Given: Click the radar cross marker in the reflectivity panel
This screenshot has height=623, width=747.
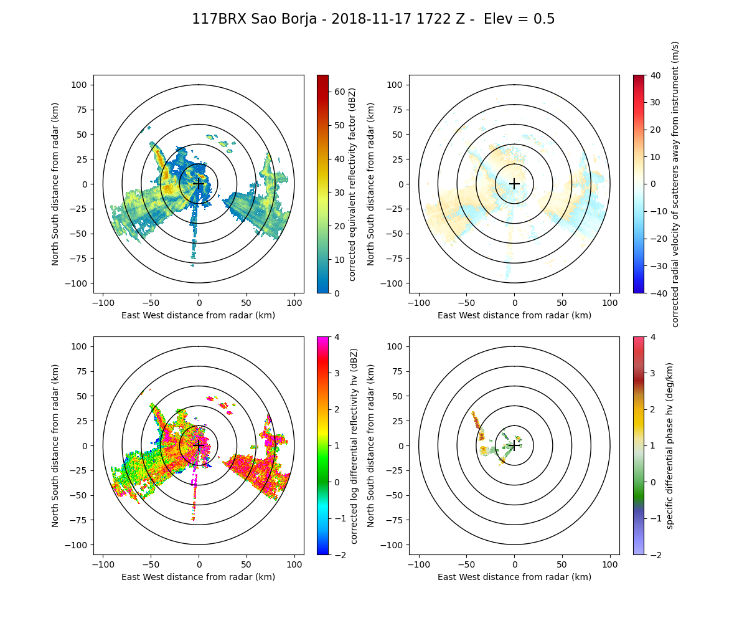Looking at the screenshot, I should [x=199, y=184].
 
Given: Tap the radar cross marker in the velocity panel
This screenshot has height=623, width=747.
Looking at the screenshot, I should [x=514, y=184].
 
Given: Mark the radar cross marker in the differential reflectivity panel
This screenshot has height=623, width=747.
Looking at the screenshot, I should [x=199, y=445].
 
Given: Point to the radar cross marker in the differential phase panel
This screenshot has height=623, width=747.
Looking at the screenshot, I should [x=514, y=445].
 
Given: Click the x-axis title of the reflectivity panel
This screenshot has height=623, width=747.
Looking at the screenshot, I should [x=199, y=315].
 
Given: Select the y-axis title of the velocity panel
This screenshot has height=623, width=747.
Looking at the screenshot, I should [x=371, y=184].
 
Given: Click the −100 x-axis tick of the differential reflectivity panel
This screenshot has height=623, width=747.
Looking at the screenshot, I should [x=103, y=564].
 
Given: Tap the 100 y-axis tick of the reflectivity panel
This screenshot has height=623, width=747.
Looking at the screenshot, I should [x=82, y=85].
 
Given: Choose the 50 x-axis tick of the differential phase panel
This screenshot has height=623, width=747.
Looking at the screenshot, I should [x=562, y=564].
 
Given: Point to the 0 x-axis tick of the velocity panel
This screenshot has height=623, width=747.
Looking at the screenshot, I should [x=514, y=302].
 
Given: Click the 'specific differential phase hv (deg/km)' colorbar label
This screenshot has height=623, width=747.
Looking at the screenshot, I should [x=670, y=445].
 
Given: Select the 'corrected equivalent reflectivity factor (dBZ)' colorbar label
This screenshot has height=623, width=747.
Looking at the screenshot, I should [x=352, y=184].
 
